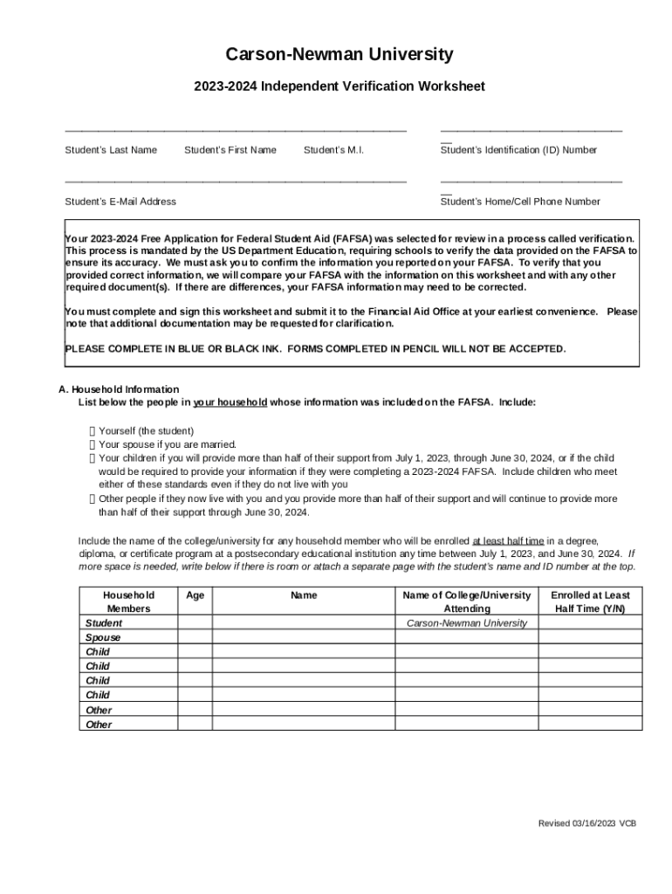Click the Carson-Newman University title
(x=339, y=55)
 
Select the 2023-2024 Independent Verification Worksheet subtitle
(x=339, y=86)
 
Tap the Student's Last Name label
(x=111, y=150)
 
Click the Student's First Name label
(x=230, y=150)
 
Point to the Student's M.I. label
(x=333, y=150)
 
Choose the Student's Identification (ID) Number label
(x=518, y=150)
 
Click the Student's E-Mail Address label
(x=120, y=202)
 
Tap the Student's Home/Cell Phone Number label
(x=520, y=202)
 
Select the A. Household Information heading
(x=118, y=389)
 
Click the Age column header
(x=195, y=595)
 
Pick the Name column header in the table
(x=304, y=595)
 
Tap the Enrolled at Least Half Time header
(x=589, y=602)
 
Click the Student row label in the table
(x=103, y=623)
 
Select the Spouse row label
(x=103, y=638)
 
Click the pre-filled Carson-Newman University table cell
(x=467, y=623)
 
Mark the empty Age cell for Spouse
(x=195, y=638)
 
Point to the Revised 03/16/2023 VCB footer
(x=586, y=823)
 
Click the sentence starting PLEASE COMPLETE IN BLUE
(x=315, y=349)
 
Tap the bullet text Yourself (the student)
(x=146, y=431)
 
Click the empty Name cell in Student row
(x=304, y=623)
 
